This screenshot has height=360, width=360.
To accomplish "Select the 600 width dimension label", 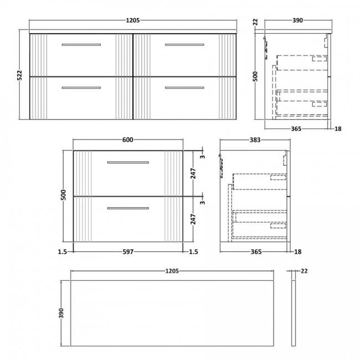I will point(127,140).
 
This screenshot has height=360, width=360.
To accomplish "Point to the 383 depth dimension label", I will point(255,140).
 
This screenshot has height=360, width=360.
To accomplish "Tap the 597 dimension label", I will point(128,252).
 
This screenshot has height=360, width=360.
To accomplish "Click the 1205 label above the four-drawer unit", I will point(133,20).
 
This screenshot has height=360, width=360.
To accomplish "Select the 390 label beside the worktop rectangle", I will point(62,313).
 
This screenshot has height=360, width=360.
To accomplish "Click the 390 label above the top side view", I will point(297,20).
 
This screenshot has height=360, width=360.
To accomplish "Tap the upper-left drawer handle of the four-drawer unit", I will point(81,44).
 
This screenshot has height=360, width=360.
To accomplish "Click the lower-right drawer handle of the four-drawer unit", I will point(184,88).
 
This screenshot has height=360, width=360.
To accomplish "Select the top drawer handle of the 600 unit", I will point(128,162).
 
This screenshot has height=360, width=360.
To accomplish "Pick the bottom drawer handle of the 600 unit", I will point(128,208).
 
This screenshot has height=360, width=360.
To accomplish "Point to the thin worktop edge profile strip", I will point(292,313).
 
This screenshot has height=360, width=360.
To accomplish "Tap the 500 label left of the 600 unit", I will point(64,195).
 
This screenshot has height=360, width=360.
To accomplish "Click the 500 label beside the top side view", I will point(256,76).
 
